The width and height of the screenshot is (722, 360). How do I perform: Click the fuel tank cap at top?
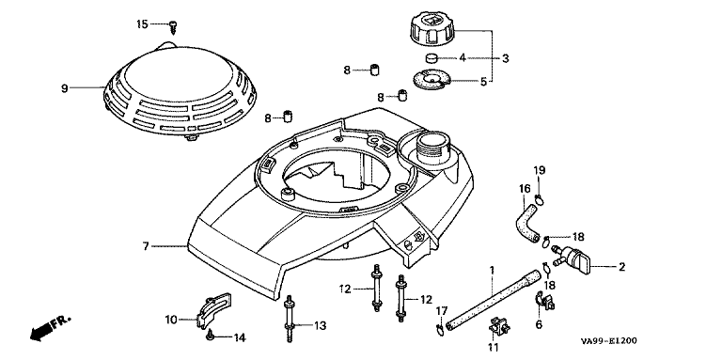(432, 29)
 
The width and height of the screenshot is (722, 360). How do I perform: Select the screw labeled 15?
(173, 26)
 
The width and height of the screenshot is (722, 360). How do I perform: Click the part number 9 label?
(65, 88)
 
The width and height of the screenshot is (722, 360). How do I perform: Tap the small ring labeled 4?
(431, 58)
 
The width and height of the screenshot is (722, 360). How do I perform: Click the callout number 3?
(505, 58)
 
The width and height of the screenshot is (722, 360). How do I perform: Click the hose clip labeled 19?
(540, 199)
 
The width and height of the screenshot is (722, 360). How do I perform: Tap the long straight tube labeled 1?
(494, 299)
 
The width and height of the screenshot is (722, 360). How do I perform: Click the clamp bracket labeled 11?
(498, 326)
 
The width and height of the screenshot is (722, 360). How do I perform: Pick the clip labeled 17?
(440, 328)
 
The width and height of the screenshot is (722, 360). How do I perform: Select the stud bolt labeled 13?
(289, 319)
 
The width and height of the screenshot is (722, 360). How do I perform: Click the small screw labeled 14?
(210, 336)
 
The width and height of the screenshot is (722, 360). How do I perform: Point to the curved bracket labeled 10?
(213, 308)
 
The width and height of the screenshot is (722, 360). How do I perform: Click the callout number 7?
(146, 246)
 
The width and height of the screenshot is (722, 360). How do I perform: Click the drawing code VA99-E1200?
(609, 341)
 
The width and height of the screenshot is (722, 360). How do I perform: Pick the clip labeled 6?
(544, 300)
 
